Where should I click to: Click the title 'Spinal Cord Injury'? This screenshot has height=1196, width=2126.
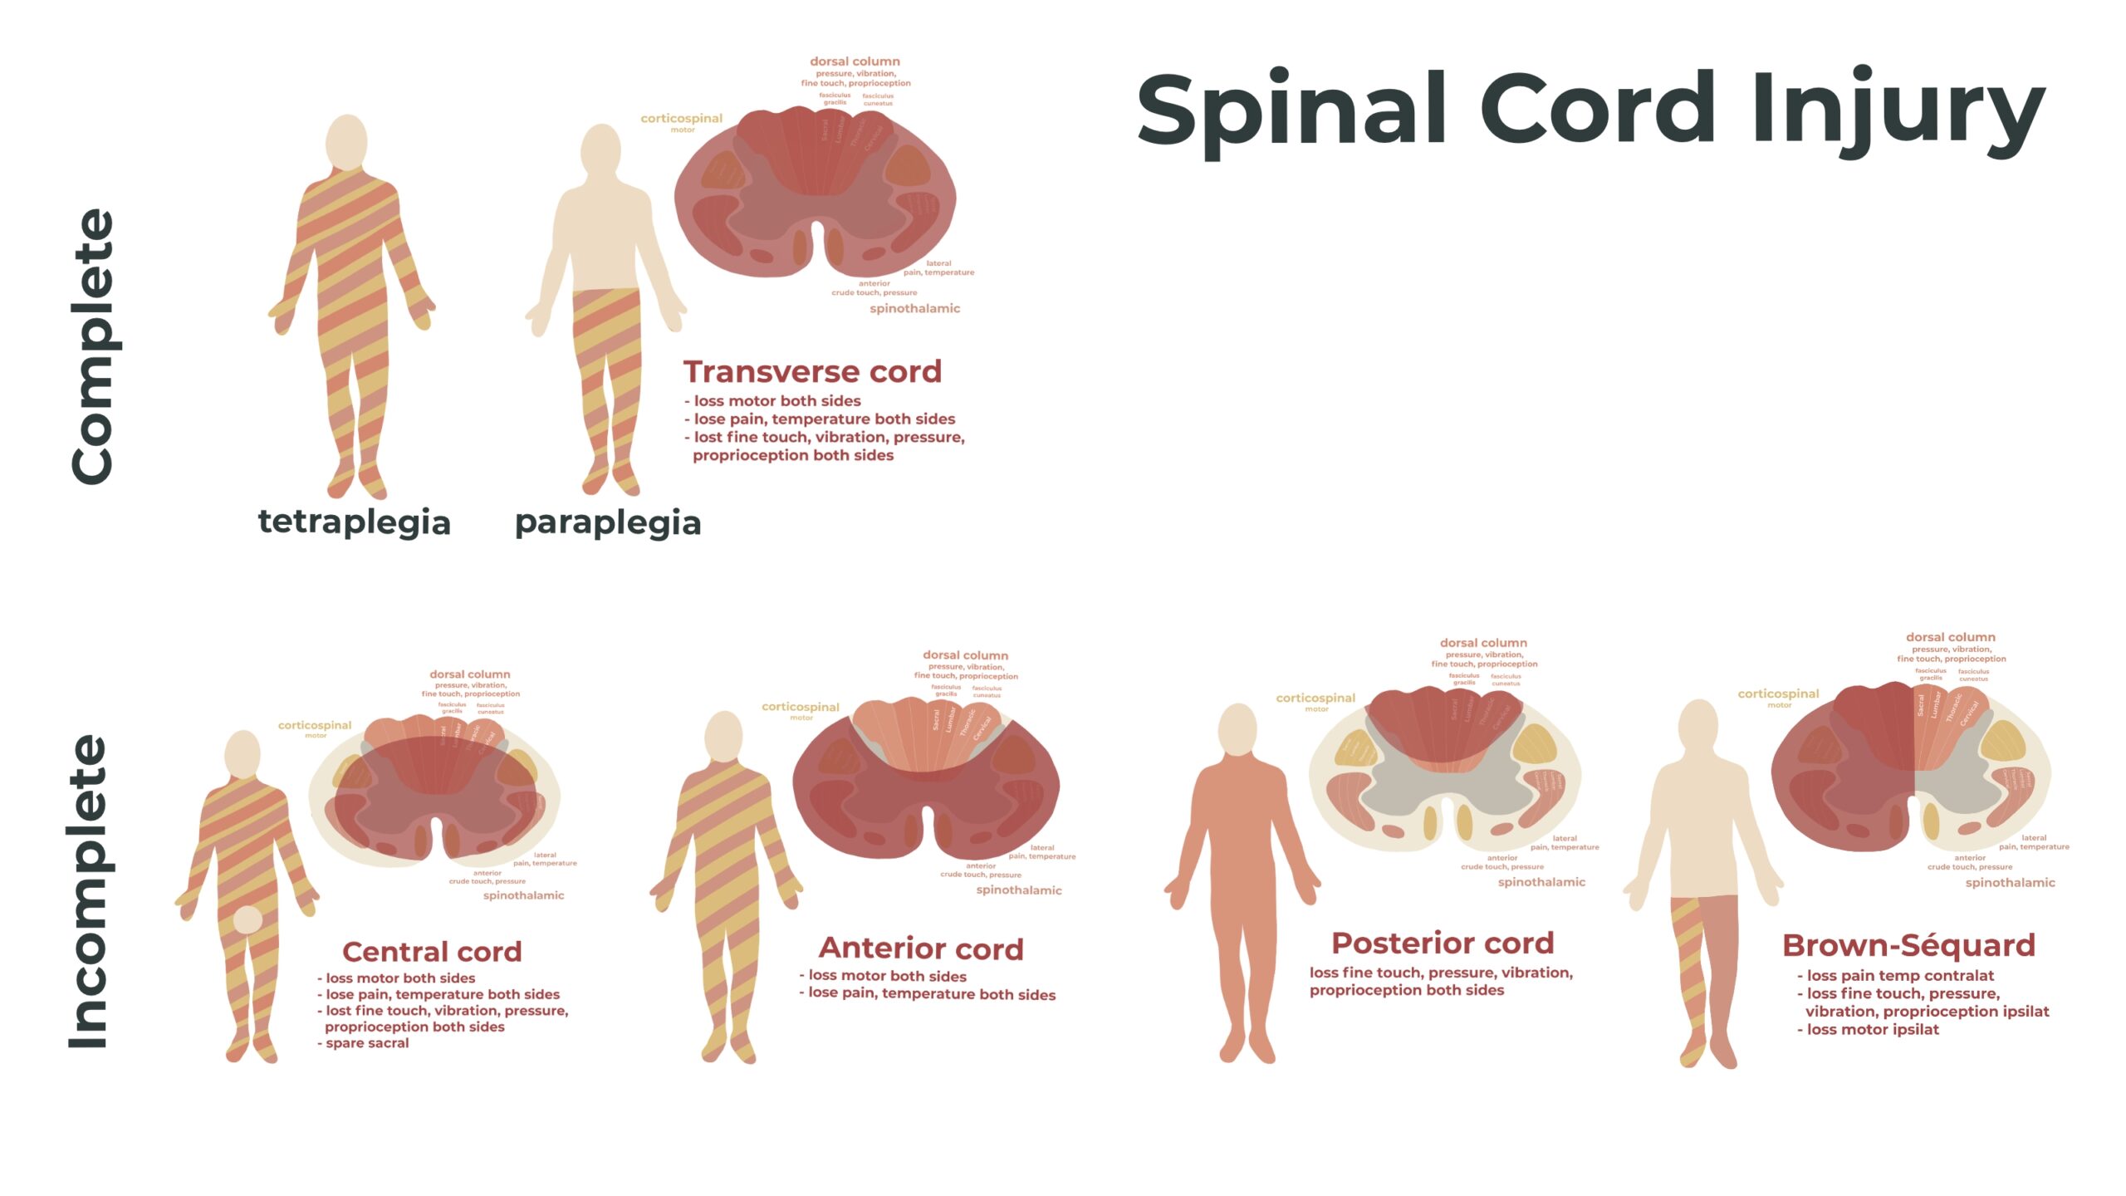1590,110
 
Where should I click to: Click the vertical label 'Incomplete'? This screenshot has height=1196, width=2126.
89,892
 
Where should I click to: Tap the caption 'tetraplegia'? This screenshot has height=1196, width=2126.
355,522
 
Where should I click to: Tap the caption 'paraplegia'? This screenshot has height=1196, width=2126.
608,522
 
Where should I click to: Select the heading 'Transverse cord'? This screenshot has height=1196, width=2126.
812,371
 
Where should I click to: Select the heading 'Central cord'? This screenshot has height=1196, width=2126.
432,951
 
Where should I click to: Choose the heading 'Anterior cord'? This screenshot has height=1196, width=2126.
921,948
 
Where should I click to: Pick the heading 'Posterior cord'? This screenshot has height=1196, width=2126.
1443,943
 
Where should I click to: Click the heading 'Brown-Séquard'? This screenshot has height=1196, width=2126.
1908,945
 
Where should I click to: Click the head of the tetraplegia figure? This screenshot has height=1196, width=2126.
346,142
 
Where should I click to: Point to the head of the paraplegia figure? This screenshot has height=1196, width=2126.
600,150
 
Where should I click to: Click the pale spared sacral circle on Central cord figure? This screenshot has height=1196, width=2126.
247,920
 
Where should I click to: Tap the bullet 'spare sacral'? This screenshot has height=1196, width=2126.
367,1043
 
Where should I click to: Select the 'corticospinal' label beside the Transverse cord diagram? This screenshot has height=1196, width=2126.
681,119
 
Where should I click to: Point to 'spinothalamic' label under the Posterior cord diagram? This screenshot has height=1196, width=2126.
1541,882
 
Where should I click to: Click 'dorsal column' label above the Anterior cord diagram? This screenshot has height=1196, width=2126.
965,655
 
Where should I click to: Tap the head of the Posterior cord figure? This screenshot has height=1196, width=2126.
1237,729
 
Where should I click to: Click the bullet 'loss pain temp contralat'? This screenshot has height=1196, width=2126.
1900,975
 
